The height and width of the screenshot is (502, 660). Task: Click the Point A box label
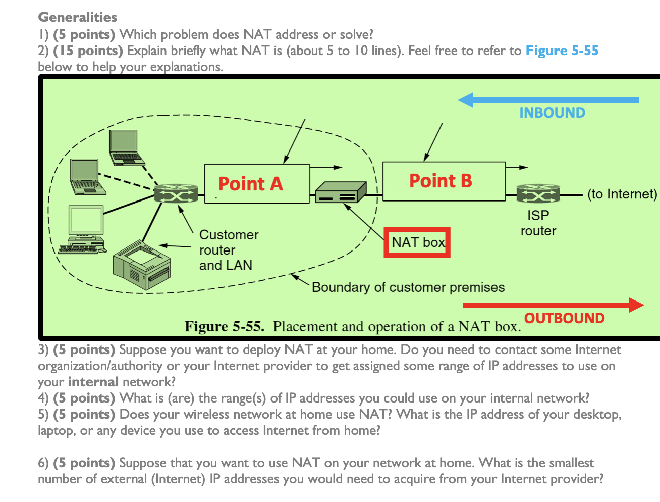(251, 184)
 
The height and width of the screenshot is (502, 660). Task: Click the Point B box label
(441, 181)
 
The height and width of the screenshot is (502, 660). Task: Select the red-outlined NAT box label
(417, 242)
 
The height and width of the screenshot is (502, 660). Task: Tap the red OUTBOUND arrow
(553, 305)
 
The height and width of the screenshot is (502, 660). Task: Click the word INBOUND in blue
(552, 113)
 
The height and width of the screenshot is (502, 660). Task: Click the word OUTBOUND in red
(564, 318)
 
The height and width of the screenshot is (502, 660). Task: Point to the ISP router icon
(538, 194)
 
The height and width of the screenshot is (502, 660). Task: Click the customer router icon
(176, 193)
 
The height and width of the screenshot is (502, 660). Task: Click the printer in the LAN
(142, 265)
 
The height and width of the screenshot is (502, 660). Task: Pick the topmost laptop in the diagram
(126, 147)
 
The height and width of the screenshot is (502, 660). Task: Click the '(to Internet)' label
(622, 194)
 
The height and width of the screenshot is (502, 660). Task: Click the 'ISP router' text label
(538, 223)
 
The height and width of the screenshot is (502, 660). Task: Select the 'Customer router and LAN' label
(228, 250)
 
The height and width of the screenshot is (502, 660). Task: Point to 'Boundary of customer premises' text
(408, 287)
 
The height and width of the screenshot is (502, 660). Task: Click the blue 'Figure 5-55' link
(562, 51)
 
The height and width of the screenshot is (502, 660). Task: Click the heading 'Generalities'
(77, 17)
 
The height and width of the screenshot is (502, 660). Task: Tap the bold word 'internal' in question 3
(93, 382)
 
